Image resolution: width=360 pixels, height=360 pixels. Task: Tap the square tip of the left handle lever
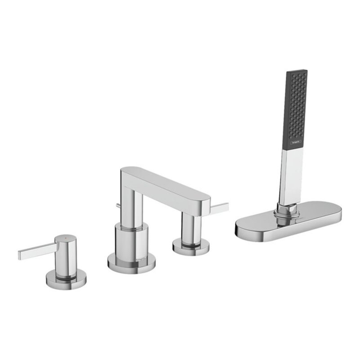[21, 256]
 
